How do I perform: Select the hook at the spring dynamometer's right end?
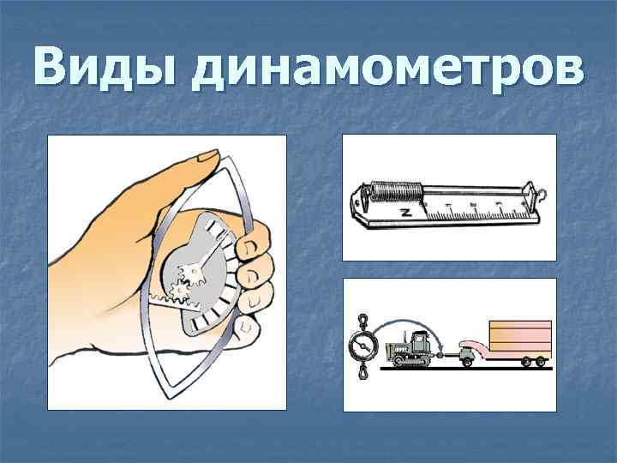539,196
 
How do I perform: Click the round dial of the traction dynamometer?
362,346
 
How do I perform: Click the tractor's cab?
419,341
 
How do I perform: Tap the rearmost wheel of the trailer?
541,362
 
